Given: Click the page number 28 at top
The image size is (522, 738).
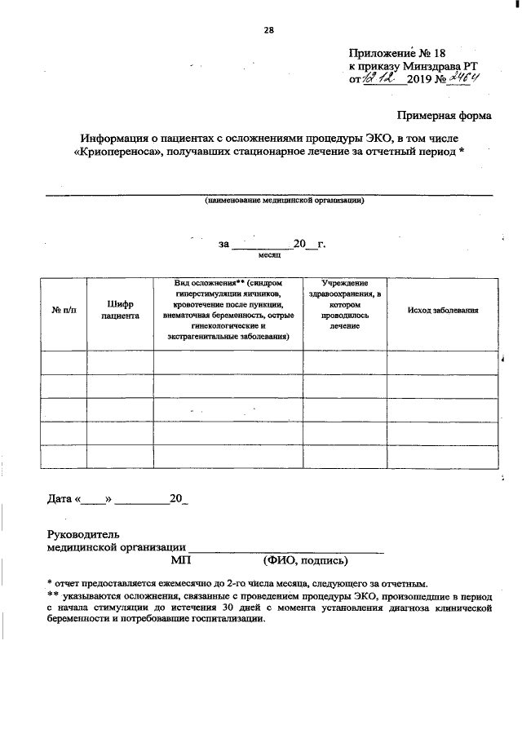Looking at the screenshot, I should pyautogui.click(x=268, y=32).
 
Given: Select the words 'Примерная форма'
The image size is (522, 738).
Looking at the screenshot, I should pyautogui.click(x=445, y=117).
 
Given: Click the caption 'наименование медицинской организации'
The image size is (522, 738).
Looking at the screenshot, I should pyautogui.click(x=283, y=200).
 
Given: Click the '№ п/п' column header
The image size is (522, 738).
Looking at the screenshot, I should pyautogui.click(x=64, y=311).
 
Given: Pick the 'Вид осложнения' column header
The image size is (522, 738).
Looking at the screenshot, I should pyautogui.click(x=228, y=310).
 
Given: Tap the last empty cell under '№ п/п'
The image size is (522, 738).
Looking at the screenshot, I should pyautogui.click(x=64, y=457).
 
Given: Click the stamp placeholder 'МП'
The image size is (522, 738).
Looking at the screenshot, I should pyautogui.click(x=179, y=560).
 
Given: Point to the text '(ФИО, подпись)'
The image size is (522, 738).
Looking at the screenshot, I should pyautogui.click(x=305, y=560).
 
